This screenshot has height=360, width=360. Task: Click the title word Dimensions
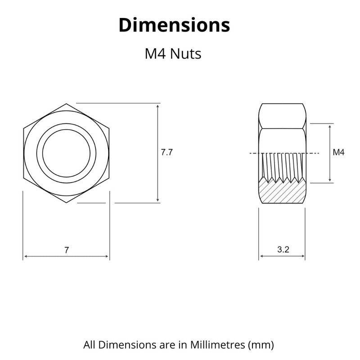174,25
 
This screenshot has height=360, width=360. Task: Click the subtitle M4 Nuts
172,54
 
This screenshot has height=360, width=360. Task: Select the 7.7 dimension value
167,153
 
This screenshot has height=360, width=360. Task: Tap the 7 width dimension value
67,250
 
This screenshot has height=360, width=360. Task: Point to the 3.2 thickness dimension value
283,250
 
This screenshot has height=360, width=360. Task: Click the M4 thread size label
338,153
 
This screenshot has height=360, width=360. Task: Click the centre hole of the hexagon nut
66,153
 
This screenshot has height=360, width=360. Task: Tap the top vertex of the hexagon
66,103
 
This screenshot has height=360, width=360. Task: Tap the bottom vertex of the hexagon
66,202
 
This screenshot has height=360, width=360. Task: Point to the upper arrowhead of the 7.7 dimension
157,106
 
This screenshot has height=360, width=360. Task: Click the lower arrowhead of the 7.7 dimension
157,200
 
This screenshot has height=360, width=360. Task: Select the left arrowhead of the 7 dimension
26,256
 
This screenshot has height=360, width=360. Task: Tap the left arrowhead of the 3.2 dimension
261,256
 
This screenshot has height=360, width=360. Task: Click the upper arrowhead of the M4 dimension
330,126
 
